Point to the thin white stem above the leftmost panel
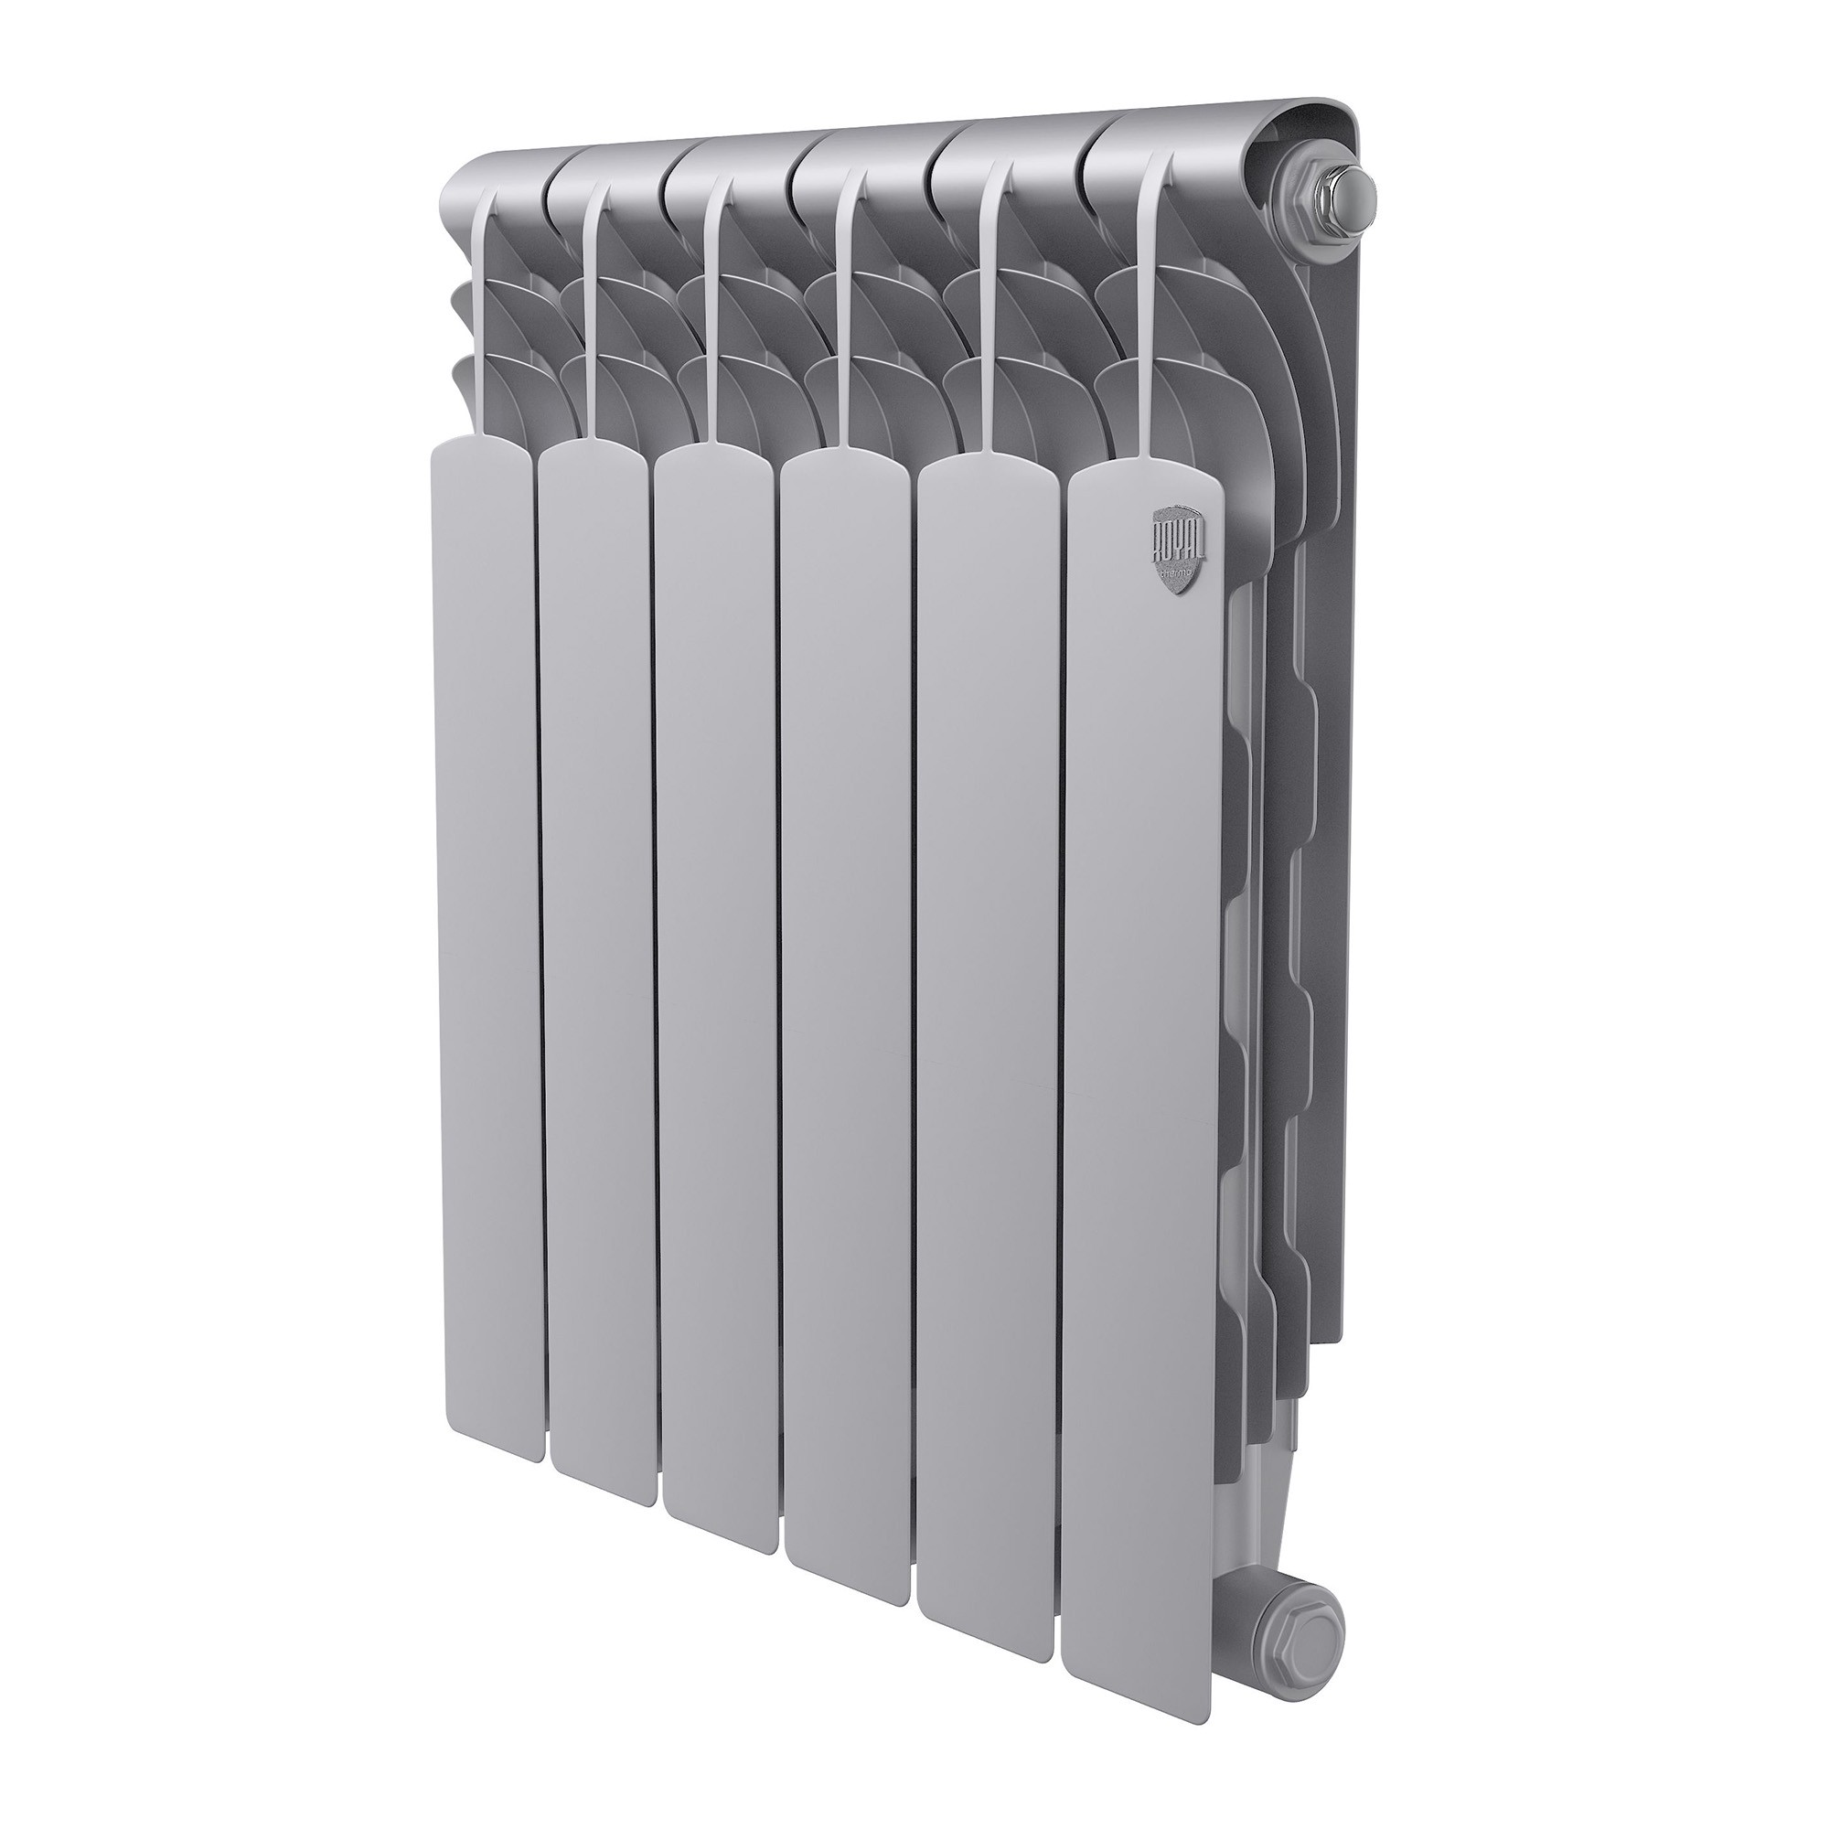[x=487, y=313]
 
